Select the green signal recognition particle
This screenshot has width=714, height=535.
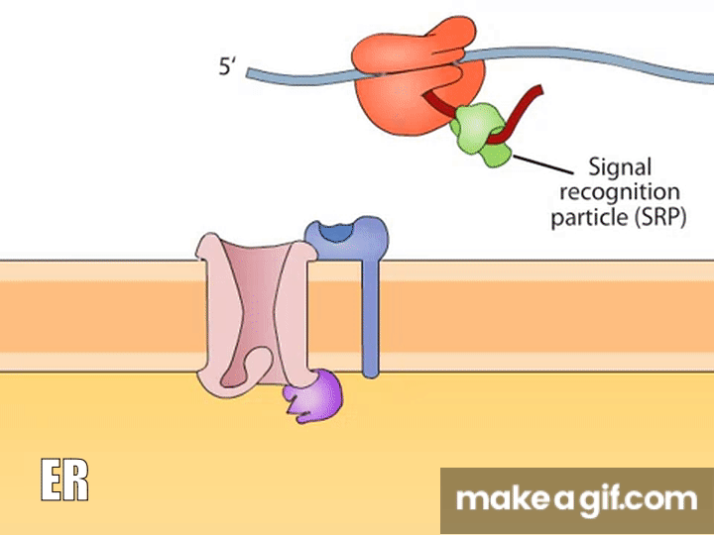pos(480,135)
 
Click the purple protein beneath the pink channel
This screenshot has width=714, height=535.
pos(311,396)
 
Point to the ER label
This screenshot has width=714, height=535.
pos(64,481)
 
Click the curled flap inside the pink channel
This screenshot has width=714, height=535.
pos(245,368)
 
